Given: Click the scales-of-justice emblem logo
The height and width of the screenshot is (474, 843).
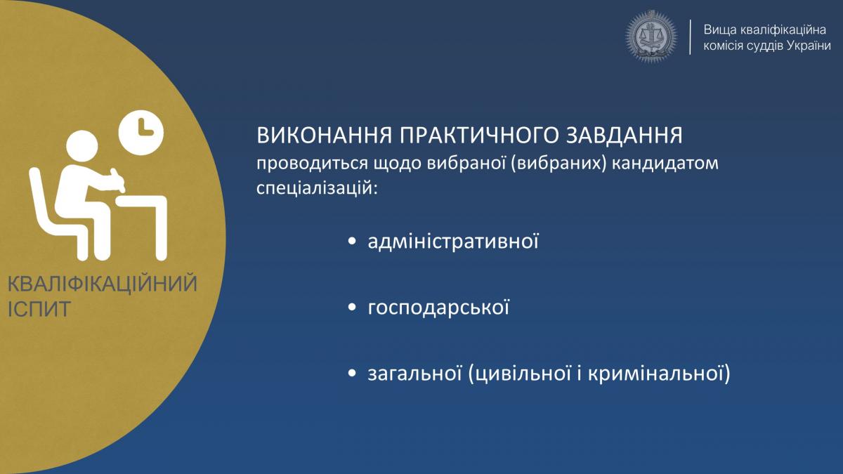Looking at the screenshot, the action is click(x=651, y=37).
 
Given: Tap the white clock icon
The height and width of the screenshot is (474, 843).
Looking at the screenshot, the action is click(x=141, y=133).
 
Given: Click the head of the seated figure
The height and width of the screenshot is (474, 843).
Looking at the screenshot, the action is click(x=82, y=147).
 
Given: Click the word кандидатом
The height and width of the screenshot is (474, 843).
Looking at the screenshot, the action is click(x=665, y=164).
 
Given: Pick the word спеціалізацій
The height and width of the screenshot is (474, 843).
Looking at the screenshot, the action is click(x=317, y=188).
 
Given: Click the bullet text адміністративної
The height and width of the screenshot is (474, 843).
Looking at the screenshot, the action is click(x=453, y=241).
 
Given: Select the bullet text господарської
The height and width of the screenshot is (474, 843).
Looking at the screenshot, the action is click(x=438, y=308).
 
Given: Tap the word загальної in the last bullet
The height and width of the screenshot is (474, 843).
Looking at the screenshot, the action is click(x=414, y=374).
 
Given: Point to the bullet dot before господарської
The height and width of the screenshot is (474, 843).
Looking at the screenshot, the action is click(x=352, y=308).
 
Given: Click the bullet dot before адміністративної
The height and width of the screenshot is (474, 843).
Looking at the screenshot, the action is click(x=352, y=241).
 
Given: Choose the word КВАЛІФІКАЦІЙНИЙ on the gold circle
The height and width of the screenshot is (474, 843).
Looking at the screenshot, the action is click(x=103, y=284).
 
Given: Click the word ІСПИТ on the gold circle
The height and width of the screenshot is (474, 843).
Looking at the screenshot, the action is click(x=39, y=309).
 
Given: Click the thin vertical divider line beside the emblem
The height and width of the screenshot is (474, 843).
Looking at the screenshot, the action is click(x=690, y=37).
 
